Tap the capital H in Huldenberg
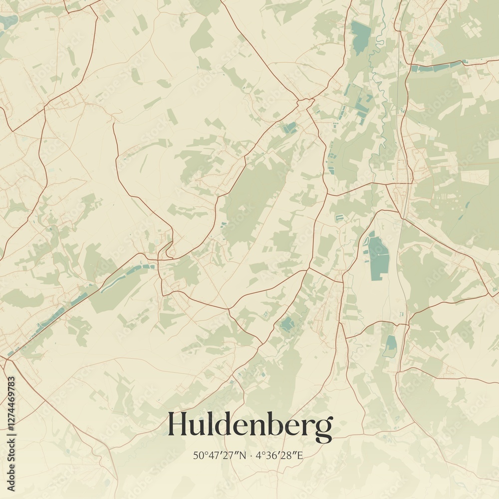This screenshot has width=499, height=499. [x=178, y=424]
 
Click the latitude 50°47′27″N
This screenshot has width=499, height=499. [x=220, y=455]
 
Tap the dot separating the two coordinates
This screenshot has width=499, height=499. [x=251, y=455]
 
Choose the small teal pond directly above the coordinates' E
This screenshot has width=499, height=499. [x=390, y=345]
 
